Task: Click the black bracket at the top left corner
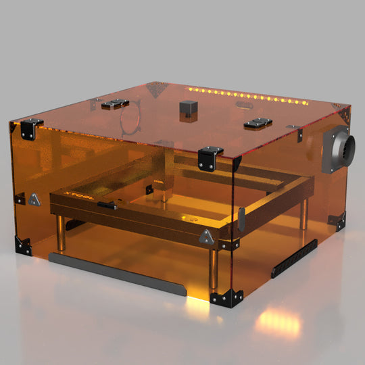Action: click(x=29, y=128)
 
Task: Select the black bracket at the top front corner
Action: click(x=210, y=155)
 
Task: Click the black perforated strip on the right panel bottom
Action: click(x=294, y=259)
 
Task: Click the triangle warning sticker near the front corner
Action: click(x=205, y=237)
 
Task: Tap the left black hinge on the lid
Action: click(x=115, y=103)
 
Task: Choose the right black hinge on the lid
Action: click(x=258, y=123)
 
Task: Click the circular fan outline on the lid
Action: click(x=129, y=118)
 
